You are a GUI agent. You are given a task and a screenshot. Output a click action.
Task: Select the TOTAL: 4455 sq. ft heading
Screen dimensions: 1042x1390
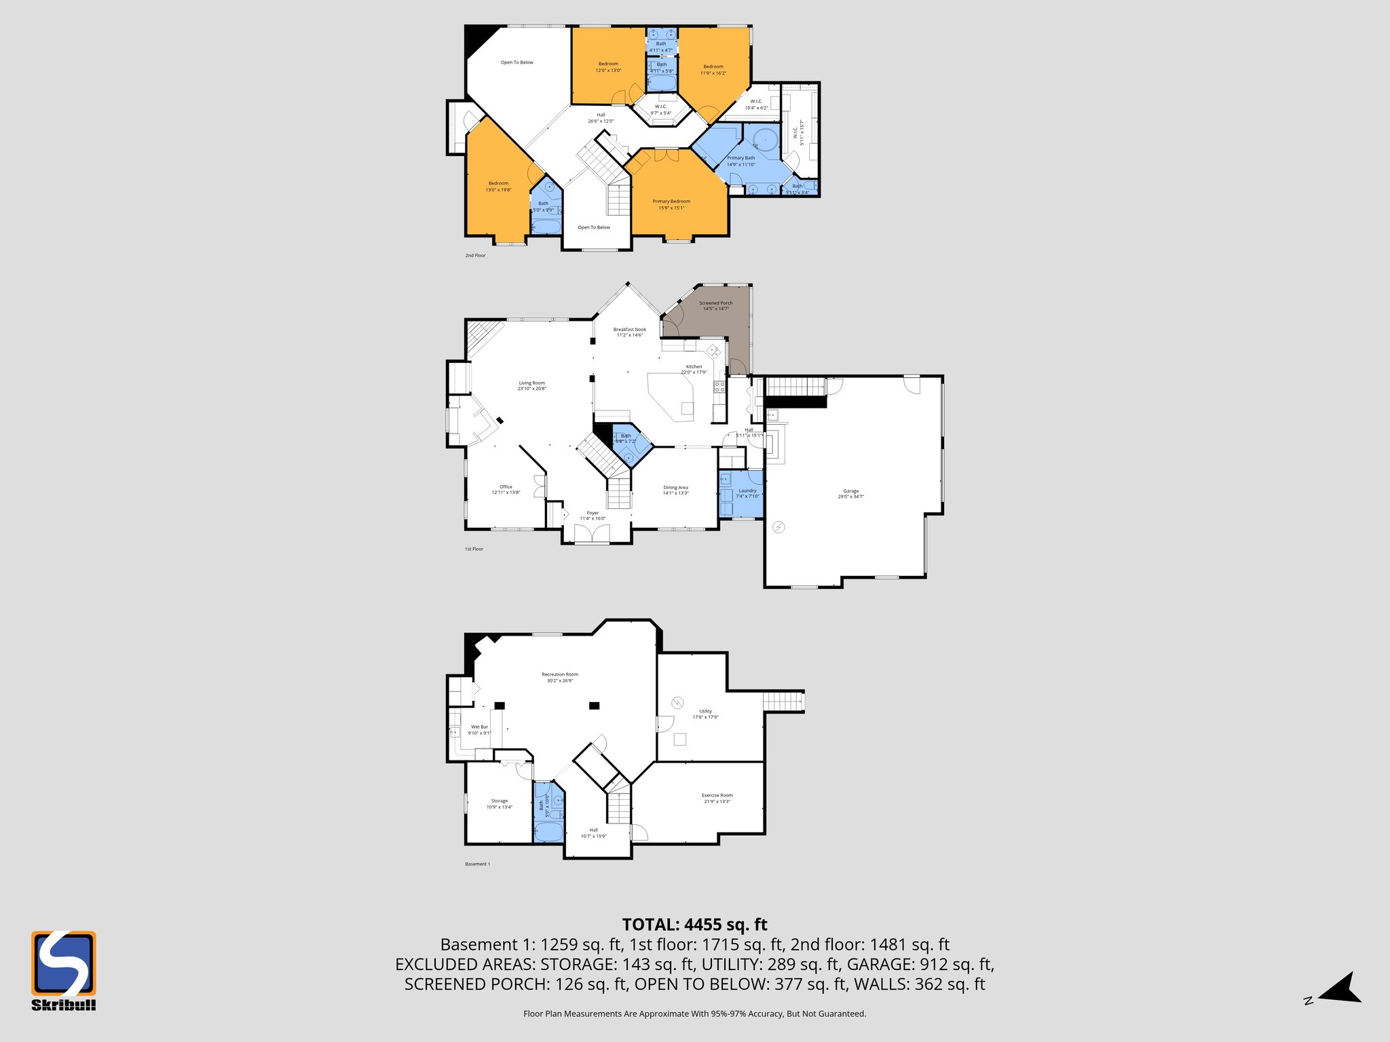694,925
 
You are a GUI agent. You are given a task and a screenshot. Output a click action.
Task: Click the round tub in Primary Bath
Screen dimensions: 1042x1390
765,140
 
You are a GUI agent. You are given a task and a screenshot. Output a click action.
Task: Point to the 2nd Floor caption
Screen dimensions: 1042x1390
475,256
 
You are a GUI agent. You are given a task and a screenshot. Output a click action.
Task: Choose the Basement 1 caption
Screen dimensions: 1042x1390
477,864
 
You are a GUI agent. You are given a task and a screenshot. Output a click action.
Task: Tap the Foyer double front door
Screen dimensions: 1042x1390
591,535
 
